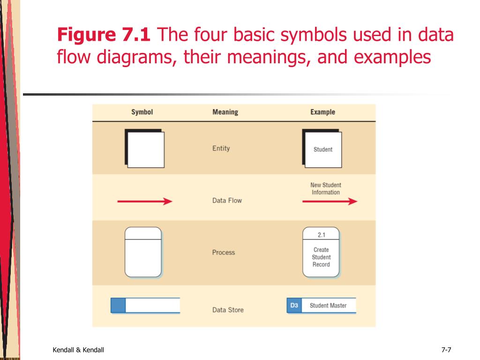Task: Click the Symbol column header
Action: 142,112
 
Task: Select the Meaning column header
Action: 225,112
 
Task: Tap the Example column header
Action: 322,112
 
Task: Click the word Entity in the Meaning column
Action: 221,148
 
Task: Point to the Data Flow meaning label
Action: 227,201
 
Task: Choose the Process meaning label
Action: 223,252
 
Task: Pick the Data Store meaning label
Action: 228,310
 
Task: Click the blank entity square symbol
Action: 145,149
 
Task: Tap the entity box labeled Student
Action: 322,149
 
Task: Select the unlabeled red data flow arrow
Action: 144,202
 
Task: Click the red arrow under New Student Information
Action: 330,202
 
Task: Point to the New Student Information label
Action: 326,188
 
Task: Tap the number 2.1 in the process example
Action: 321,235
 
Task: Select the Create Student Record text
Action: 321,257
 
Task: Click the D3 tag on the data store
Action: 294,306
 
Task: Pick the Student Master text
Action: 328,306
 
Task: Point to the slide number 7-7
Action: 446,349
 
